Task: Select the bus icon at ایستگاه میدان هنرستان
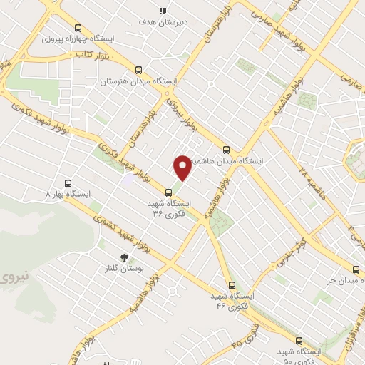[x=138, y=70]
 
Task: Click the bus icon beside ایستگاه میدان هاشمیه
[x=227, y=150]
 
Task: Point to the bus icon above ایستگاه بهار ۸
[x=68, y=182]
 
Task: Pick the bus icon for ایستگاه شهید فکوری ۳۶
[x=168, y=192]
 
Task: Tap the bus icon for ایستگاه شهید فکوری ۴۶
[x=230, y=284]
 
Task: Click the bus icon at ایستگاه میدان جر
[x=357, y=269]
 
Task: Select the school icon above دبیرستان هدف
[x=163, y=11]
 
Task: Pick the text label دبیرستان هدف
[x=163, y=23]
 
